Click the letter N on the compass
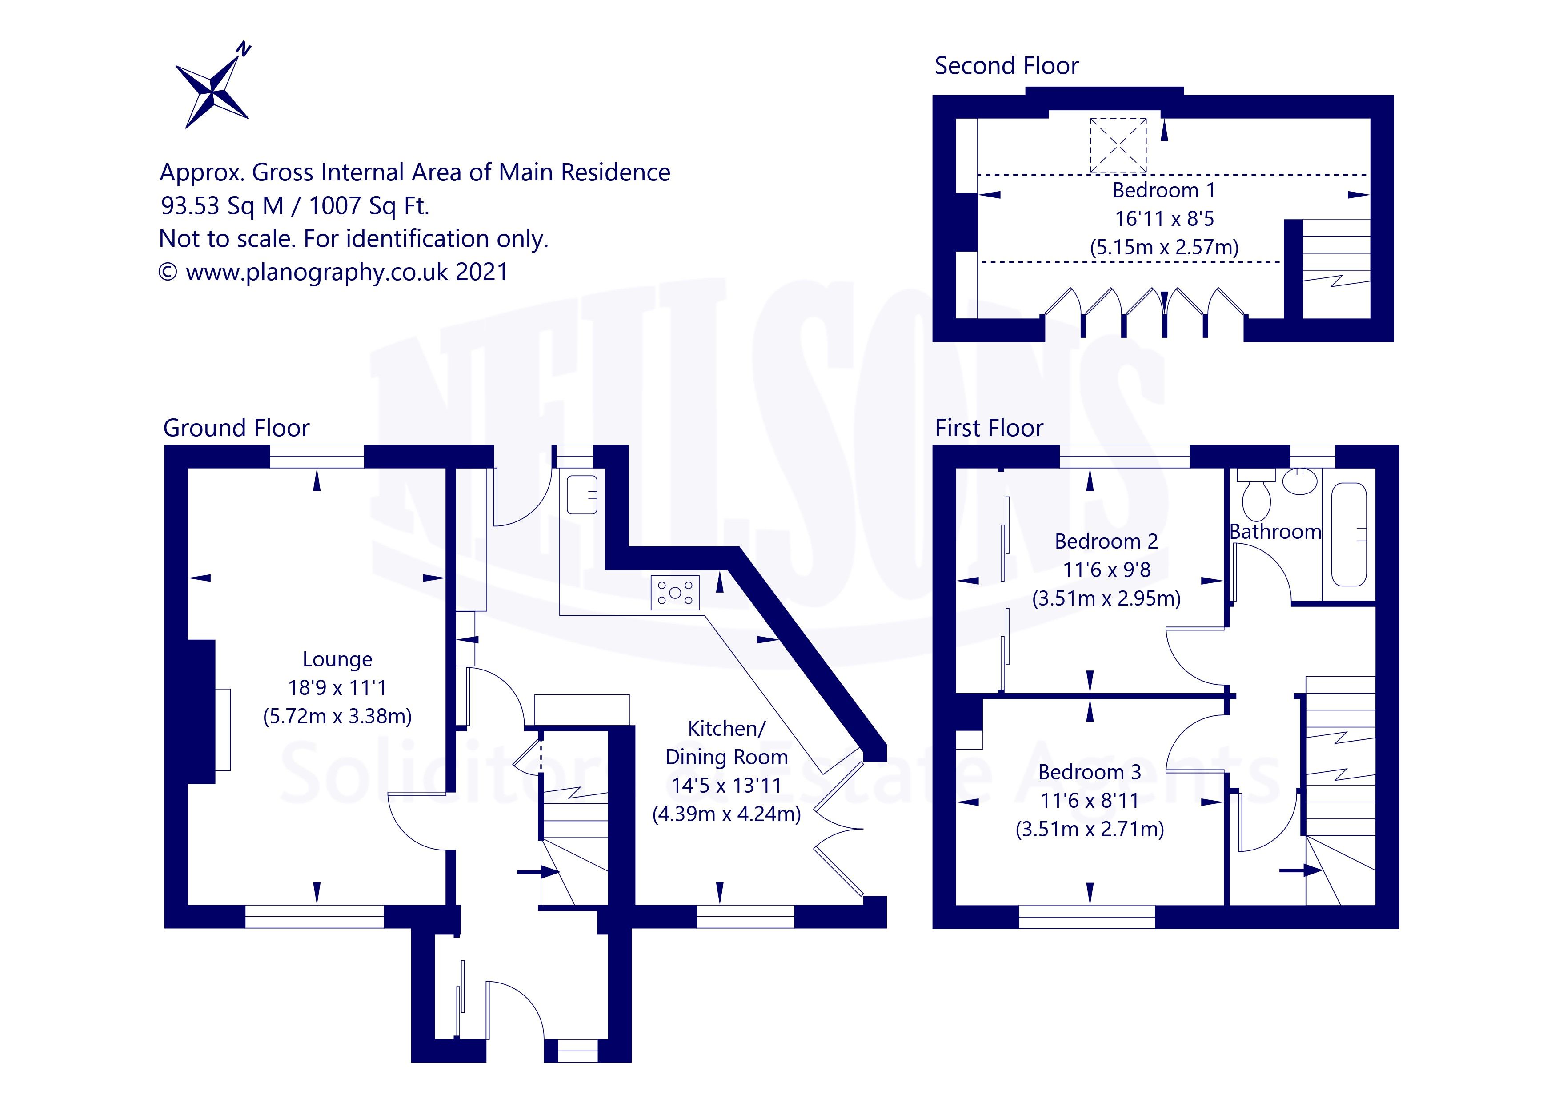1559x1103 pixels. tap(243, 50)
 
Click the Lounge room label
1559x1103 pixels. tap(337, 659)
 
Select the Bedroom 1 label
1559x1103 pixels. tap(1163, 190)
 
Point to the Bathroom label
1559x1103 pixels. tap(1275, 532)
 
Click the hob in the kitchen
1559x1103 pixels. tap(675, 592)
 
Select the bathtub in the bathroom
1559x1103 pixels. tap(1348, 534)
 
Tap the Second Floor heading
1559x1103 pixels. tap(1006, 66)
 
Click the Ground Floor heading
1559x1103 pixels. tap(236, 428)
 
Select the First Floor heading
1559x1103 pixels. tap(989, 428)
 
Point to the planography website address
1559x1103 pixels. tap(317, 273)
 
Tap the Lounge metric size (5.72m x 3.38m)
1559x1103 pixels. tap(337, 717)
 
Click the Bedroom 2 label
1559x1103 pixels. tap(1106, 541)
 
